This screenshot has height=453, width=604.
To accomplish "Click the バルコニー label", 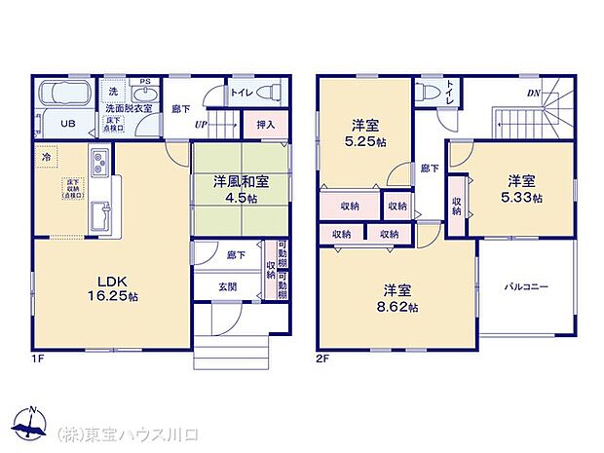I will click(x=526, y=287).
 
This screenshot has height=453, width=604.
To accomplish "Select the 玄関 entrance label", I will click(x=226, y=285).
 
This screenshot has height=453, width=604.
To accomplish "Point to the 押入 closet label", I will click(x=265, y=125).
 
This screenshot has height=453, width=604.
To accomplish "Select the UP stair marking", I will click(x=200, y=125).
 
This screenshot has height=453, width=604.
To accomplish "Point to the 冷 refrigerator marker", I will click(x=46, y=156).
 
